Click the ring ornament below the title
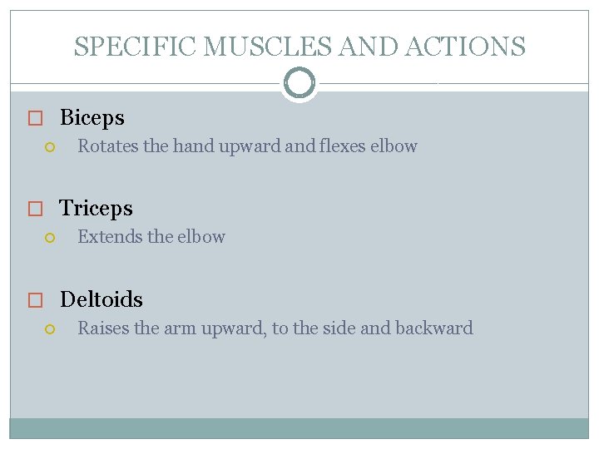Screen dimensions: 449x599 (299, 83)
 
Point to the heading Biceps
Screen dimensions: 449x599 (92, 118)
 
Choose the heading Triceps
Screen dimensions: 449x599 (96, 209)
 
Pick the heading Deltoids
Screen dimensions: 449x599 (101, 299)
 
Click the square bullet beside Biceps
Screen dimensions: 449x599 (34, 119)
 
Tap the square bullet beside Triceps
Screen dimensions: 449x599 (34, 210)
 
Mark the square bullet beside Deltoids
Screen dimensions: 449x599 (34, 300)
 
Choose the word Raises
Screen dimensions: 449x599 (103, 328)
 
